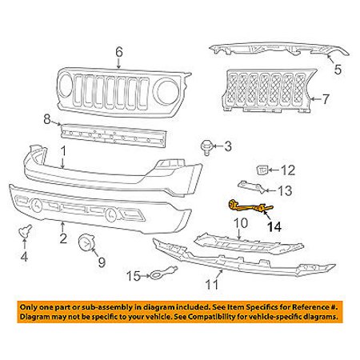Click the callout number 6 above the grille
click(119, 52)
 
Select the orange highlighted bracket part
click(250, 207)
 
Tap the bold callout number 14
click(274, 227)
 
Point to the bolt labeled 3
click(206, 147)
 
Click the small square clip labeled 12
click(262, 170)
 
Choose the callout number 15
click(134, 276)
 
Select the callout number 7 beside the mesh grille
click(326, 99)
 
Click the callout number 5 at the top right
click(338, 70)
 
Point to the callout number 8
click(47, 119)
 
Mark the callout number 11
click(212, 284)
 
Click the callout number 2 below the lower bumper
click(63, 238)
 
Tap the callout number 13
click(285, 190)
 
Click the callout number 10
click(241, 223)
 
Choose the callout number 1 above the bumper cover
click(63, 152)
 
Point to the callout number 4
click(24, 257)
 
